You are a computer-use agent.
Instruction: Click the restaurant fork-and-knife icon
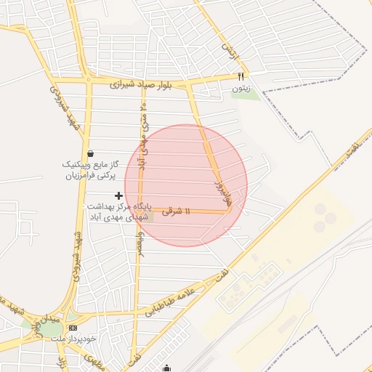(x=241, y=76)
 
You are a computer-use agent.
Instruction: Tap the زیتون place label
(x=240, y=88)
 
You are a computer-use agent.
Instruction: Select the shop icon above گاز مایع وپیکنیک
(x=90, y=153)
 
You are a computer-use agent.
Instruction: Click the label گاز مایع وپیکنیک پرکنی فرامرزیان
(x=89, y=170)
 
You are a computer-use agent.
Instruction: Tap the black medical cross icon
(x=119, y=195)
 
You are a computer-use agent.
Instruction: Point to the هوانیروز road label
(x=220, y=193)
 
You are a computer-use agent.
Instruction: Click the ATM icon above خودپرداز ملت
(x=71, y=328)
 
